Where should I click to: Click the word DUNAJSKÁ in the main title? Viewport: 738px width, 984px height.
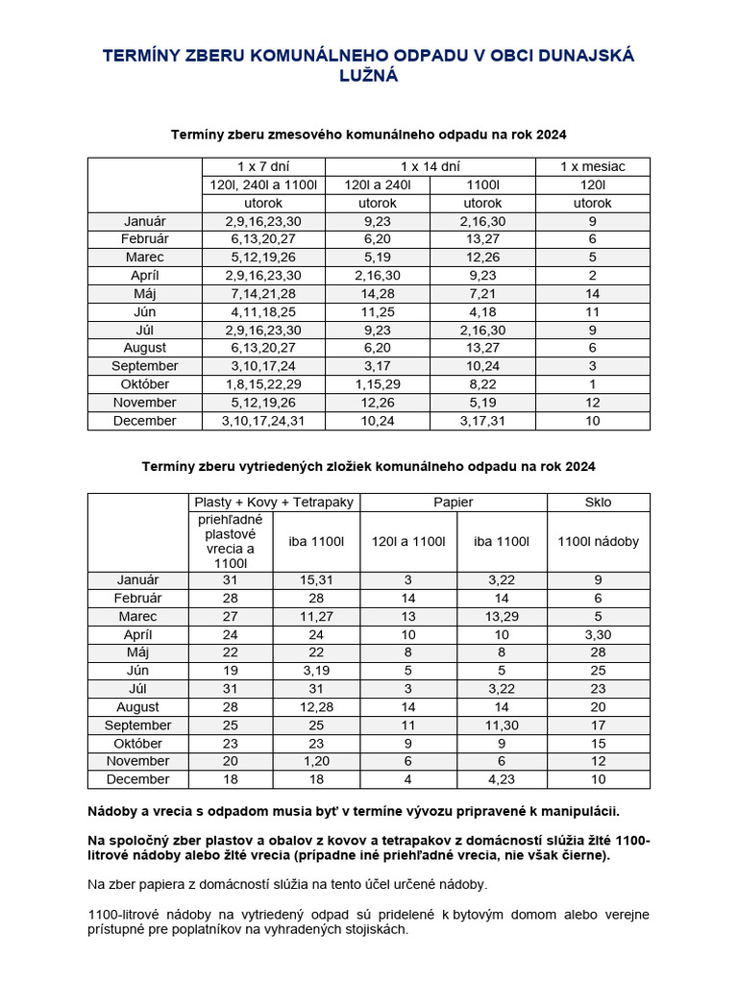582,56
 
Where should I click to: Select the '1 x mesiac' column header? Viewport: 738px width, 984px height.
593,166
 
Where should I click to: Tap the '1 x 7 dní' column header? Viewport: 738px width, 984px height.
263,166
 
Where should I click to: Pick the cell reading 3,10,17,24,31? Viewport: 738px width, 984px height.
263,421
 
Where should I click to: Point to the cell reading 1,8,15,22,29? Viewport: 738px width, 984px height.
263,384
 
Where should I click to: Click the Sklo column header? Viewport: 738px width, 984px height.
598,502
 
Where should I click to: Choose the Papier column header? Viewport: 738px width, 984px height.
454,502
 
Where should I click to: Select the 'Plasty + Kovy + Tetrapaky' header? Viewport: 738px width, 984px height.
275,502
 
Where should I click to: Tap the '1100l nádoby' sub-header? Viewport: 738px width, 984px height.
598,541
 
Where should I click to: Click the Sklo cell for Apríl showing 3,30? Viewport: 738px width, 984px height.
598,634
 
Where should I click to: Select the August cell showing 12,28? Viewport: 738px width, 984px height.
316,707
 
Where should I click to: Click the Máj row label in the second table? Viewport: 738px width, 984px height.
138,652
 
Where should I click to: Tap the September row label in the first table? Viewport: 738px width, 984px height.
144,366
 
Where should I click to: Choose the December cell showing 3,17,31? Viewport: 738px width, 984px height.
482,421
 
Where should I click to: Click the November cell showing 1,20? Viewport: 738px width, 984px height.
316,761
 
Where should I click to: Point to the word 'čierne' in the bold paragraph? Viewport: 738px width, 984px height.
582,855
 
